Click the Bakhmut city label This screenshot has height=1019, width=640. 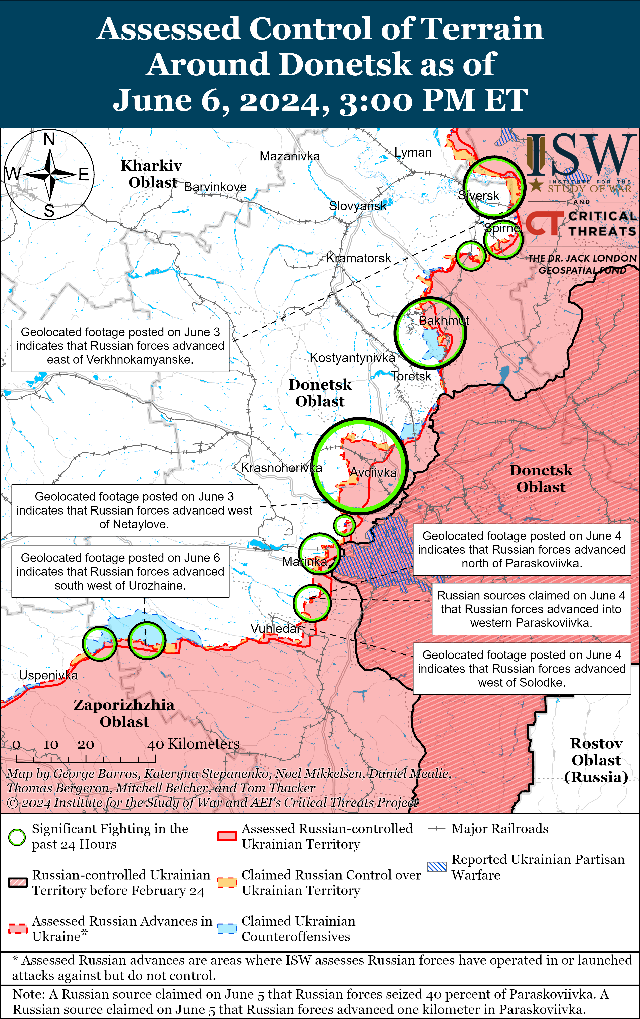pos(443,321)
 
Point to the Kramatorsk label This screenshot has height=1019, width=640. pos(358,258)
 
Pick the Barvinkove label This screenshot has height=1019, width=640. pos(215,187)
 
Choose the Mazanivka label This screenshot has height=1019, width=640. pos(290,156)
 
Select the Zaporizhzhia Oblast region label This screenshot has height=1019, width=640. pos(124,713)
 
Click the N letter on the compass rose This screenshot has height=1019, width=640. pos(49,139)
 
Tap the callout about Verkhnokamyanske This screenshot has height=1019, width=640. pos(120,346)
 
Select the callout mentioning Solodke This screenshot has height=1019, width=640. pos(522,669)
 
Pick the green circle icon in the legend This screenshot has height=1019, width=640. pos(17,837)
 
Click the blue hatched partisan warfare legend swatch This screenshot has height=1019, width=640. pos(436,867)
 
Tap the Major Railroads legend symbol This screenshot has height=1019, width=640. pos(436,829)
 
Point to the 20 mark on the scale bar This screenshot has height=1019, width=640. pos(86,745)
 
